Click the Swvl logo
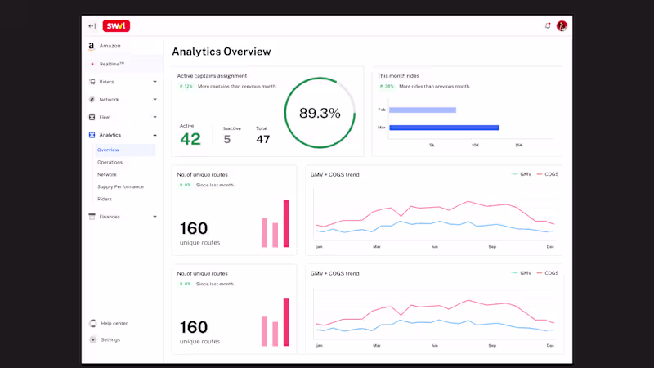116,26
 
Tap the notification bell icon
548,25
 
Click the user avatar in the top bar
562,25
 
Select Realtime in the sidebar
112,64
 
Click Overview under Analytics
108,150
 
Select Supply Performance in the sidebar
120,186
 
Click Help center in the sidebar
114,323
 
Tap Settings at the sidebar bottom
110,339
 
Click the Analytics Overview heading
221,52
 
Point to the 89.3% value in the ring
320,114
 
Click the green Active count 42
190,139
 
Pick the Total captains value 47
262,139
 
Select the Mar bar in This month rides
444,128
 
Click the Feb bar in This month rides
423,110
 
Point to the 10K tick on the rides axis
475,146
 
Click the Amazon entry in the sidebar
110,46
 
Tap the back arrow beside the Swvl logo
92,26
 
